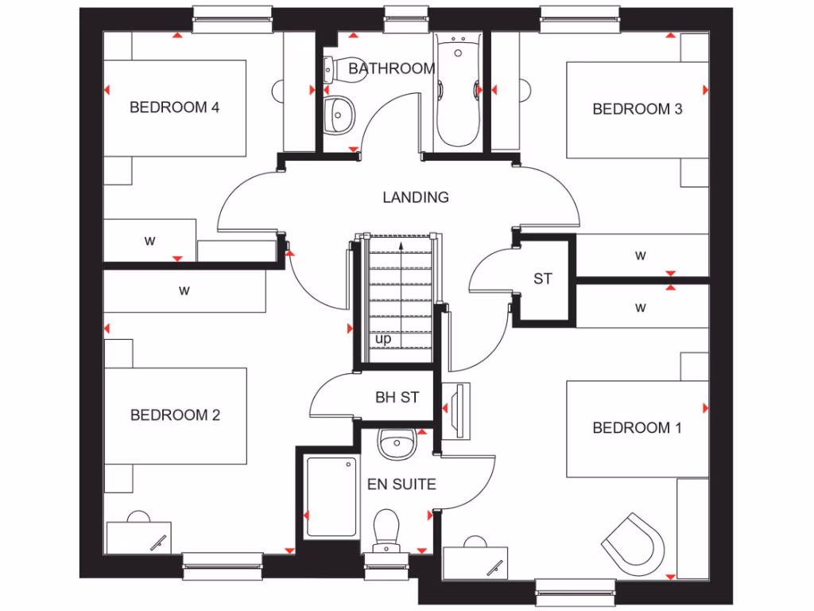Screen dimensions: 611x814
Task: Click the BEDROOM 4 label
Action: click(174, 107)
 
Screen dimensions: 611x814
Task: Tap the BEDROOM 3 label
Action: click(637, 109)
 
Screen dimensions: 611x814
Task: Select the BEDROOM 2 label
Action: click(175, 414)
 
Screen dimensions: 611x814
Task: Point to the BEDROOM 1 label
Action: click(637, 428)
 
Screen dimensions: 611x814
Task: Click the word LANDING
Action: click(416, 197)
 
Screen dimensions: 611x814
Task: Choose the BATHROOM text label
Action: click(391, 69)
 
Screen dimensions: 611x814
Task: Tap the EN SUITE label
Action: click(401, 484)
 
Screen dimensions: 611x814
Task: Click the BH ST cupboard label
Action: click(397, 397)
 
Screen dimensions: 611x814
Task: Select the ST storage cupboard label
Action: click(542, 279)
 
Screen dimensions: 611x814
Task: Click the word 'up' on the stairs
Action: click(383, 339)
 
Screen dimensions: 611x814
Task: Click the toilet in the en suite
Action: click(386, 530)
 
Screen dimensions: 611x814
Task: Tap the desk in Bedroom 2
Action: click(140, 536)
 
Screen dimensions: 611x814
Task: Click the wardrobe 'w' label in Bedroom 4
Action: click(149, 241)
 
